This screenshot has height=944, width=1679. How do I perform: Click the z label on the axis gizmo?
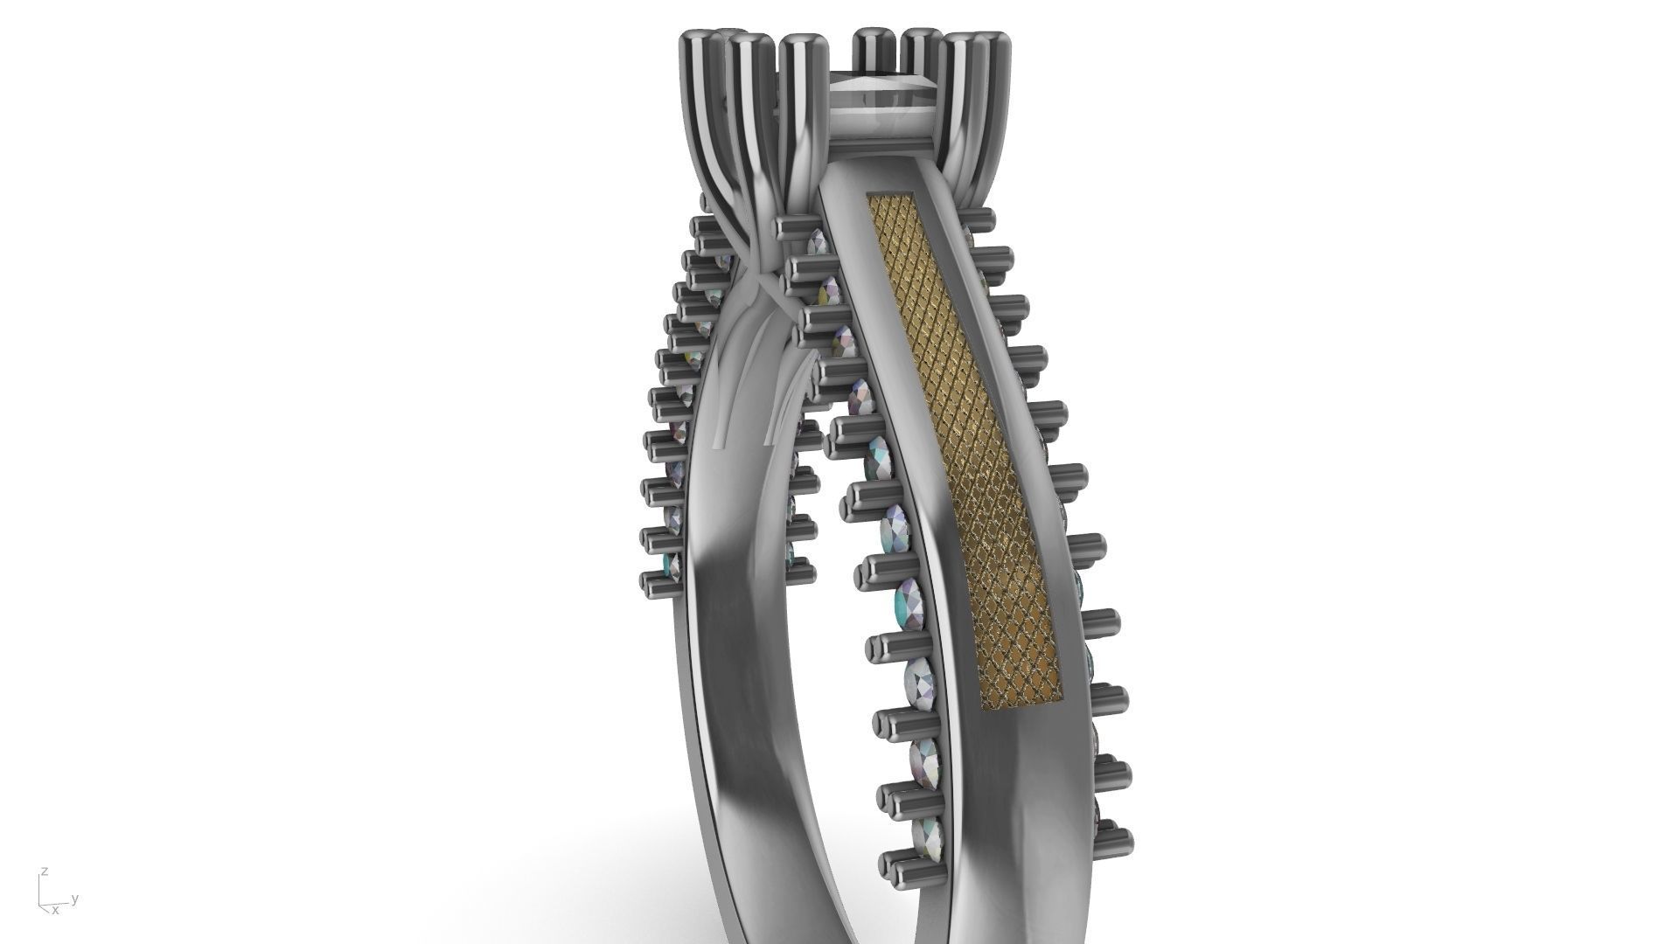click(x=44, y=871)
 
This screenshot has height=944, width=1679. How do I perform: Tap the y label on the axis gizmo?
click(x=76, y=898)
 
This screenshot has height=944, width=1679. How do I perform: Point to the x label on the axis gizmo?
click(x=55, y=910)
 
